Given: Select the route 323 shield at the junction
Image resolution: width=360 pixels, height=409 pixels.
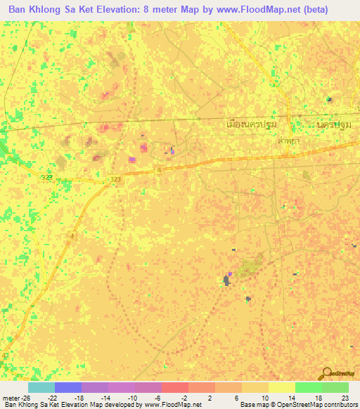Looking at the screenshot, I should coord(115,181).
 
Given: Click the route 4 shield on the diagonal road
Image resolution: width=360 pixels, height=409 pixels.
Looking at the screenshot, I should coord(72,236).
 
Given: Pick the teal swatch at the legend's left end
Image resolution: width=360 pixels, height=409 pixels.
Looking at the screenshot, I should coord(41,387).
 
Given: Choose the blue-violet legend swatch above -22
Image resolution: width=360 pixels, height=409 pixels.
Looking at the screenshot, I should coord(68,387).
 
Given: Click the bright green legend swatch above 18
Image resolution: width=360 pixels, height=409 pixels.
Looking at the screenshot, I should coord(308,387).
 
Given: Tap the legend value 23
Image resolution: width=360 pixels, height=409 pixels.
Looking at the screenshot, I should coord(345,397).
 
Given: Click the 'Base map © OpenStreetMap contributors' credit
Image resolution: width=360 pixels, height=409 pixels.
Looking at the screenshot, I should coord(297,405).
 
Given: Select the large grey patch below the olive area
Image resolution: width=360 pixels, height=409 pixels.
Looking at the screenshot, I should coord(226,280).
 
